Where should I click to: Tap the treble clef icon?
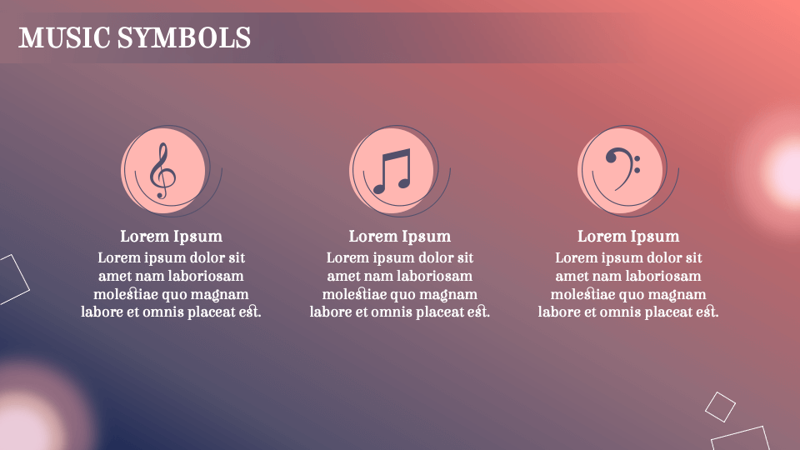pos(162,170)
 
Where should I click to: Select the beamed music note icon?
pos(392,170)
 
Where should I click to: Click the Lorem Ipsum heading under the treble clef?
pos(171,237)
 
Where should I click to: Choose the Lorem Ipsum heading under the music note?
pos(400,237)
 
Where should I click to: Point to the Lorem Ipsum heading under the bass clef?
pos(628,237)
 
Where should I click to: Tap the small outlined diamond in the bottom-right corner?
pos(720,407)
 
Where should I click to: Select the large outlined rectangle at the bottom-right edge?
pos(742,439)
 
